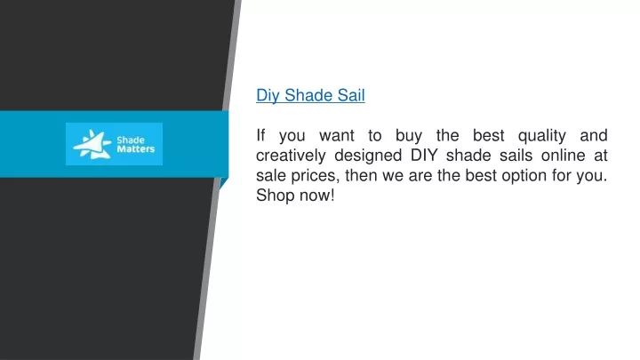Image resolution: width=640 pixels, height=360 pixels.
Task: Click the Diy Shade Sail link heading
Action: point(310,95)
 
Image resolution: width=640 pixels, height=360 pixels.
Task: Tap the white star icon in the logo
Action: point(92,144)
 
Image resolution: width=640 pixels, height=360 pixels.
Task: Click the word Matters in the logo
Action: point(136,149)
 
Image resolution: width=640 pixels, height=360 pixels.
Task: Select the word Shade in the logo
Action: point(131,140)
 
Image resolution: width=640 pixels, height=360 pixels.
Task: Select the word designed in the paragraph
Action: point(368,156)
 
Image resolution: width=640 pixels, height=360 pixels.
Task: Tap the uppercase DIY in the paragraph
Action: point(424,155)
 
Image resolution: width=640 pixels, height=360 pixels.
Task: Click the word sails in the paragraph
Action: point(516,155)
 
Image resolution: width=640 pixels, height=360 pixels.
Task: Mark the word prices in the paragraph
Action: point(315,176)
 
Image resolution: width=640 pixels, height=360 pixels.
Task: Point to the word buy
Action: point(409,136)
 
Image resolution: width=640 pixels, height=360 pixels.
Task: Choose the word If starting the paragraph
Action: point(260,135)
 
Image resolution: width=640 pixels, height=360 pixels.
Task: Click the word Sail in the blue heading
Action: point(351,95)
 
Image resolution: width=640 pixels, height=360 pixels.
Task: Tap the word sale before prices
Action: point(271,175)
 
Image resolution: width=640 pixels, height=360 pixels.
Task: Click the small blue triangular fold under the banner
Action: point(223,183)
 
